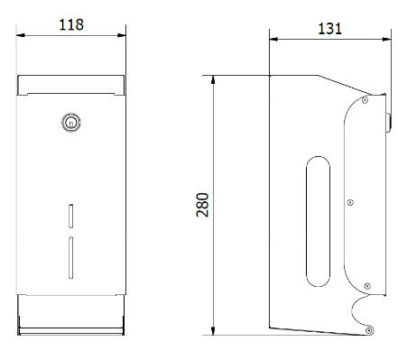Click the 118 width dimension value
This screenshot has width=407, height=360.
coord(71,24)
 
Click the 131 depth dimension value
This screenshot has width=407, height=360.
coord(329,29)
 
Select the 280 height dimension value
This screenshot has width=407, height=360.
coord(202,205)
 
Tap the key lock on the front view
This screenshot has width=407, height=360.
coord(71,123)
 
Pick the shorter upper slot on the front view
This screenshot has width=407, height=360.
coord(71,216)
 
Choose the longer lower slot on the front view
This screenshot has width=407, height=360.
coord(71,257)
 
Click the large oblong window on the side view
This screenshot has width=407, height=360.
coord(318,221)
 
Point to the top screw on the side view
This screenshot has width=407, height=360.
coord(365,100)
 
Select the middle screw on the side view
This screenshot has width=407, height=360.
coord(350,203)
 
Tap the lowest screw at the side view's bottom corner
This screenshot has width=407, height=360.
coord(369,330)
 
